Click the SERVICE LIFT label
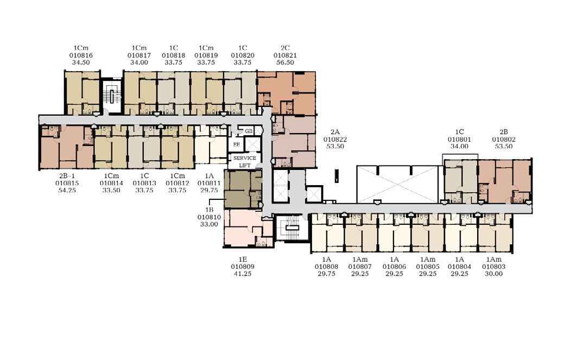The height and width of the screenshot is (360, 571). tap(245, 161)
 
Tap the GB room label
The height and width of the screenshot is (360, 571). tap(249, 131)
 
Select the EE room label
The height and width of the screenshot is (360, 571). tap(236, 144)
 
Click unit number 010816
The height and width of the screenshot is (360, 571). tap(81, 55)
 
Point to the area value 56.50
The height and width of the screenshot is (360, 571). tap(285, 62)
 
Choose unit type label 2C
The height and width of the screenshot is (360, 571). tap(285, 48)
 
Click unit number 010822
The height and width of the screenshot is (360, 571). tap(335, 139)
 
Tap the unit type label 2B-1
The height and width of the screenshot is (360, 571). tap(67, 176)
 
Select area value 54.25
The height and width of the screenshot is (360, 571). tap(67, 190)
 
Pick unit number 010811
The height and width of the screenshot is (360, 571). tap(209, 184)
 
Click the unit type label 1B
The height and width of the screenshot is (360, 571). tap(209, 210)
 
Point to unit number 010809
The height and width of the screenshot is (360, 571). tap(243, 267)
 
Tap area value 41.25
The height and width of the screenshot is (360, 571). tap(243, 274)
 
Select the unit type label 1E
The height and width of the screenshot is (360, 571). tap(243, 260)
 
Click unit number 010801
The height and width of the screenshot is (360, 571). tap(459, 139)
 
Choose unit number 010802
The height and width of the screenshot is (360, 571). tap(504, 139)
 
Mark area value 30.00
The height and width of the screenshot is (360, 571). tap(494, 274)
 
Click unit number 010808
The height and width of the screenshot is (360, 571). tap(326, 267)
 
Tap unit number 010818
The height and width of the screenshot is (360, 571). tap(173, 55)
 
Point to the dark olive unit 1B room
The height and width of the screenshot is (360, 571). tap(243, 189)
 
